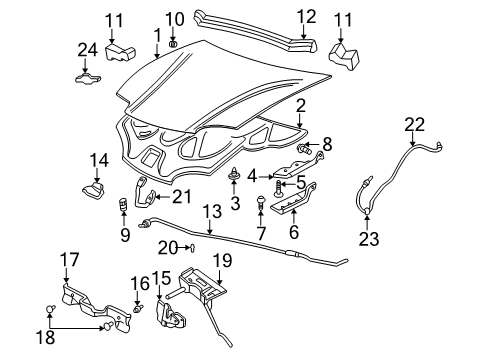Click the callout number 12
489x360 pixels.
(x=307, y=17)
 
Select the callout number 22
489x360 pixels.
(x=413, y=124)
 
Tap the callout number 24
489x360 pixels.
(x=87, y=50)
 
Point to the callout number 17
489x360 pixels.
(x=69, y=261)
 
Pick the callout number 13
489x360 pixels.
(x=211, y=211)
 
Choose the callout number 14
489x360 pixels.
(x=98, y=159)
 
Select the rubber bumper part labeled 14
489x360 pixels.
(x=96, y=189)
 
